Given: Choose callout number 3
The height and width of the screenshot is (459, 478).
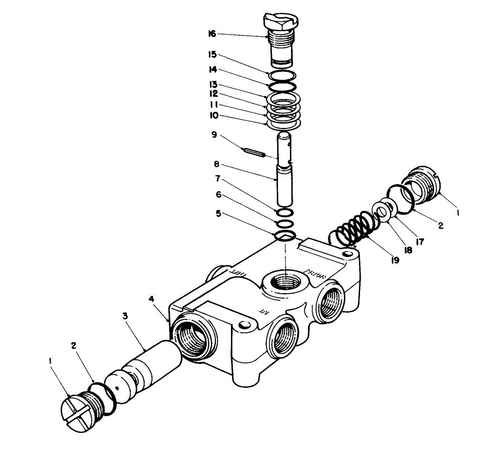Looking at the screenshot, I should (x=125, y=316).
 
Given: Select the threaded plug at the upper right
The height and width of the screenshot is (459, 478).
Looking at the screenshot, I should (x=425, y=183).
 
